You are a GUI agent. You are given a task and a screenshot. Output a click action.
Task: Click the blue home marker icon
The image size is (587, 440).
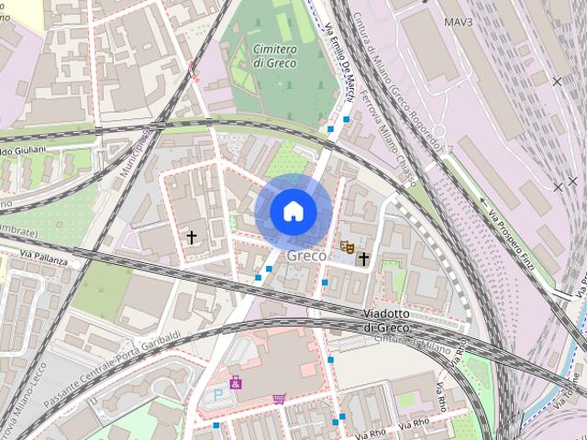(293, 211)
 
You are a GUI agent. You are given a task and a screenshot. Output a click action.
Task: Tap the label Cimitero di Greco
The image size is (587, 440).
(273, 55)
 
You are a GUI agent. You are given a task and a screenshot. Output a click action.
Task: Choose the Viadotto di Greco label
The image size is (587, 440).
(392, 321)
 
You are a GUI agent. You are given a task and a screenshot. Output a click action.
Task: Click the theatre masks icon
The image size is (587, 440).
(347, 247)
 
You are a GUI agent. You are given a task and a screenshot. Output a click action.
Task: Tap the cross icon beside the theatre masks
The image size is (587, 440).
(363, 259)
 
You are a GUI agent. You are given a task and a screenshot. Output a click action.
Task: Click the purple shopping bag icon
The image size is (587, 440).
(236, 381)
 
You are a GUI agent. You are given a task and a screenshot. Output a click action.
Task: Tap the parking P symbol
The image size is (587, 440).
(218, 394)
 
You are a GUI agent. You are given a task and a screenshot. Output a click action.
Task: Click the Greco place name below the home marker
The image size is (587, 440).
(306, 256)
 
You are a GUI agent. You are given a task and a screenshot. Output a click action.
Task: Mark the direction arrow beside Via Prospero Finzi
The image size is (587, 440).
(483, 199)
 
